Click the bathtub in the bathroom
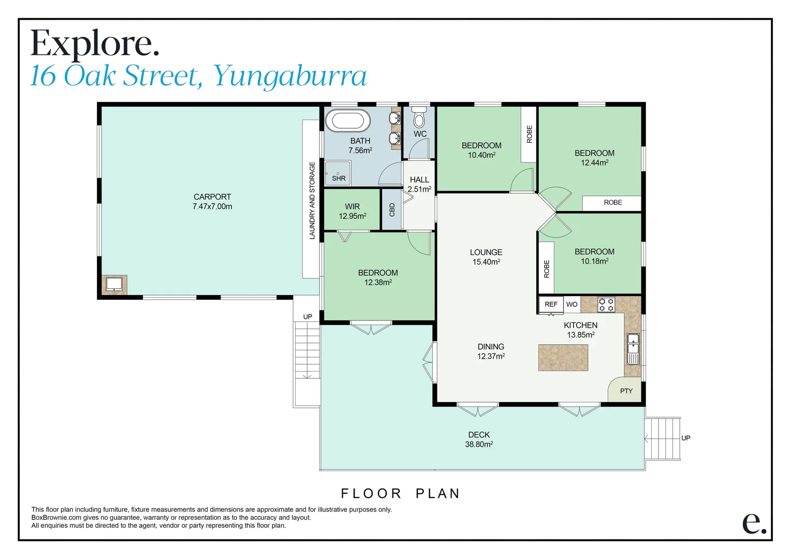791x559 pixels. [348, 121]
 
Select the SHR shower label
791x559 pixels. [339, 178]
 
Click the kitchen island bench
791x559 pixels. [563, 358]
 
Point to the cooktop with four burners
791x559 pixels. [606, 304]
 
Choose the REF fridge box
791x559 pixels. [551, 304]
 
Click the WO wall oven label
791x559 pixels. [572, 304]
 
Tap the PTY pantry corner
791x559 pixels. [626, 391]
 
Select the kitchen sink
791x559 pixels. [633, 350]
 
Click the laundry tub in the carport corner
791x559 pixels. [114, 284]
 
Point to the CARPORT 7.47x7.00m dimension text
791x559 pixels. [212, 207]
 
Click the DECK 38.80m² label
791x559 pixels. [479, 439]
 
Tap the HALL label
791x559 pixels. [419, 180]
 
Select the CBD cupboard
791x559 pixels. [392, 210]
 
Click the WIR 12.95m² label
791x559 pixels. [353, 211]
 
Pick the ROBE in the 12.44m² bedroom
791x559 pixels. [612, 202]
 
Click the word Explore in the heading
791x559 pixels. [95, 43]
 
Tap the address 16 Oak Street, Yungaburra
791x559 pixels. [198, 76]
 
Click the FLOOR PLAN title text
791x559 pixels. [400, 493]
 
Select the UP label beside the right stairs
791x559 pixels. [686, 438]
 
